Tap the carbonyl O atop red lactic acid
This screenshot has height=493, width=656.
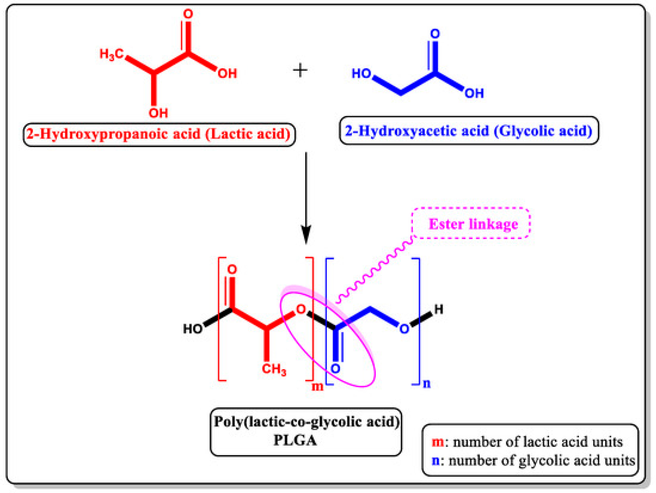tap(188, 14)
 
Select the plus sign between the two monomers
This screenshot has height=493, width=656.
tap(300, 71)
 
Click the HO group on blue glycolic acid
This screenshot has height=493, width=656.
tap(361, 74)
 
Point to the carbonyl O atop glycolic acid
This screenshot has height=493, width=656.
tap(435, 34)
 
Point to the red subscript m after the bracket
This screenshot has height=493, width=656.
tap(317, 387)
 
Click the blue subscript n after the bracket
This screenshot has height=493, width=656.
tap(427, 384)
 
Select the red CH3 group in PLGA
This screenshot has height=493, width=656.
tap(274, 369)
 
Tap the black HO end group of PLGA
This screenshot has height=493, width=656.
tap(193, 329)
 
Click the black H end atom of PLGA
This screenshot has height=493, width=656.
tap(439, 310)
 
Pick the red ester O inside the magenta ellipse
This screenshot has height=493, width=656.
tap(301, 309)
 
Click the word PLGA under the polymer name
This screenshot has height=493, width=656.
tap(295, 440)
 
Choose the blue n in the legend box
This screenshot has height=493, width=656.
tap(436, 461)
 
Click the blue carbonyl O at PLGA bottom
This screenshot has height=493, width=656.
tap(336, 369)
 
